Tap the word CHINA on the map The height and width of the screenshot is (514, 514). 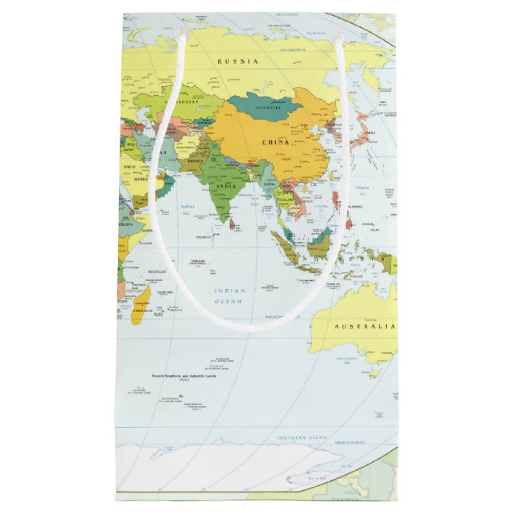point(275,141)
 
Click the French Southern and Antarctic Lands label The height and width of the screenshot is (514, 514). point(185,375)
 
